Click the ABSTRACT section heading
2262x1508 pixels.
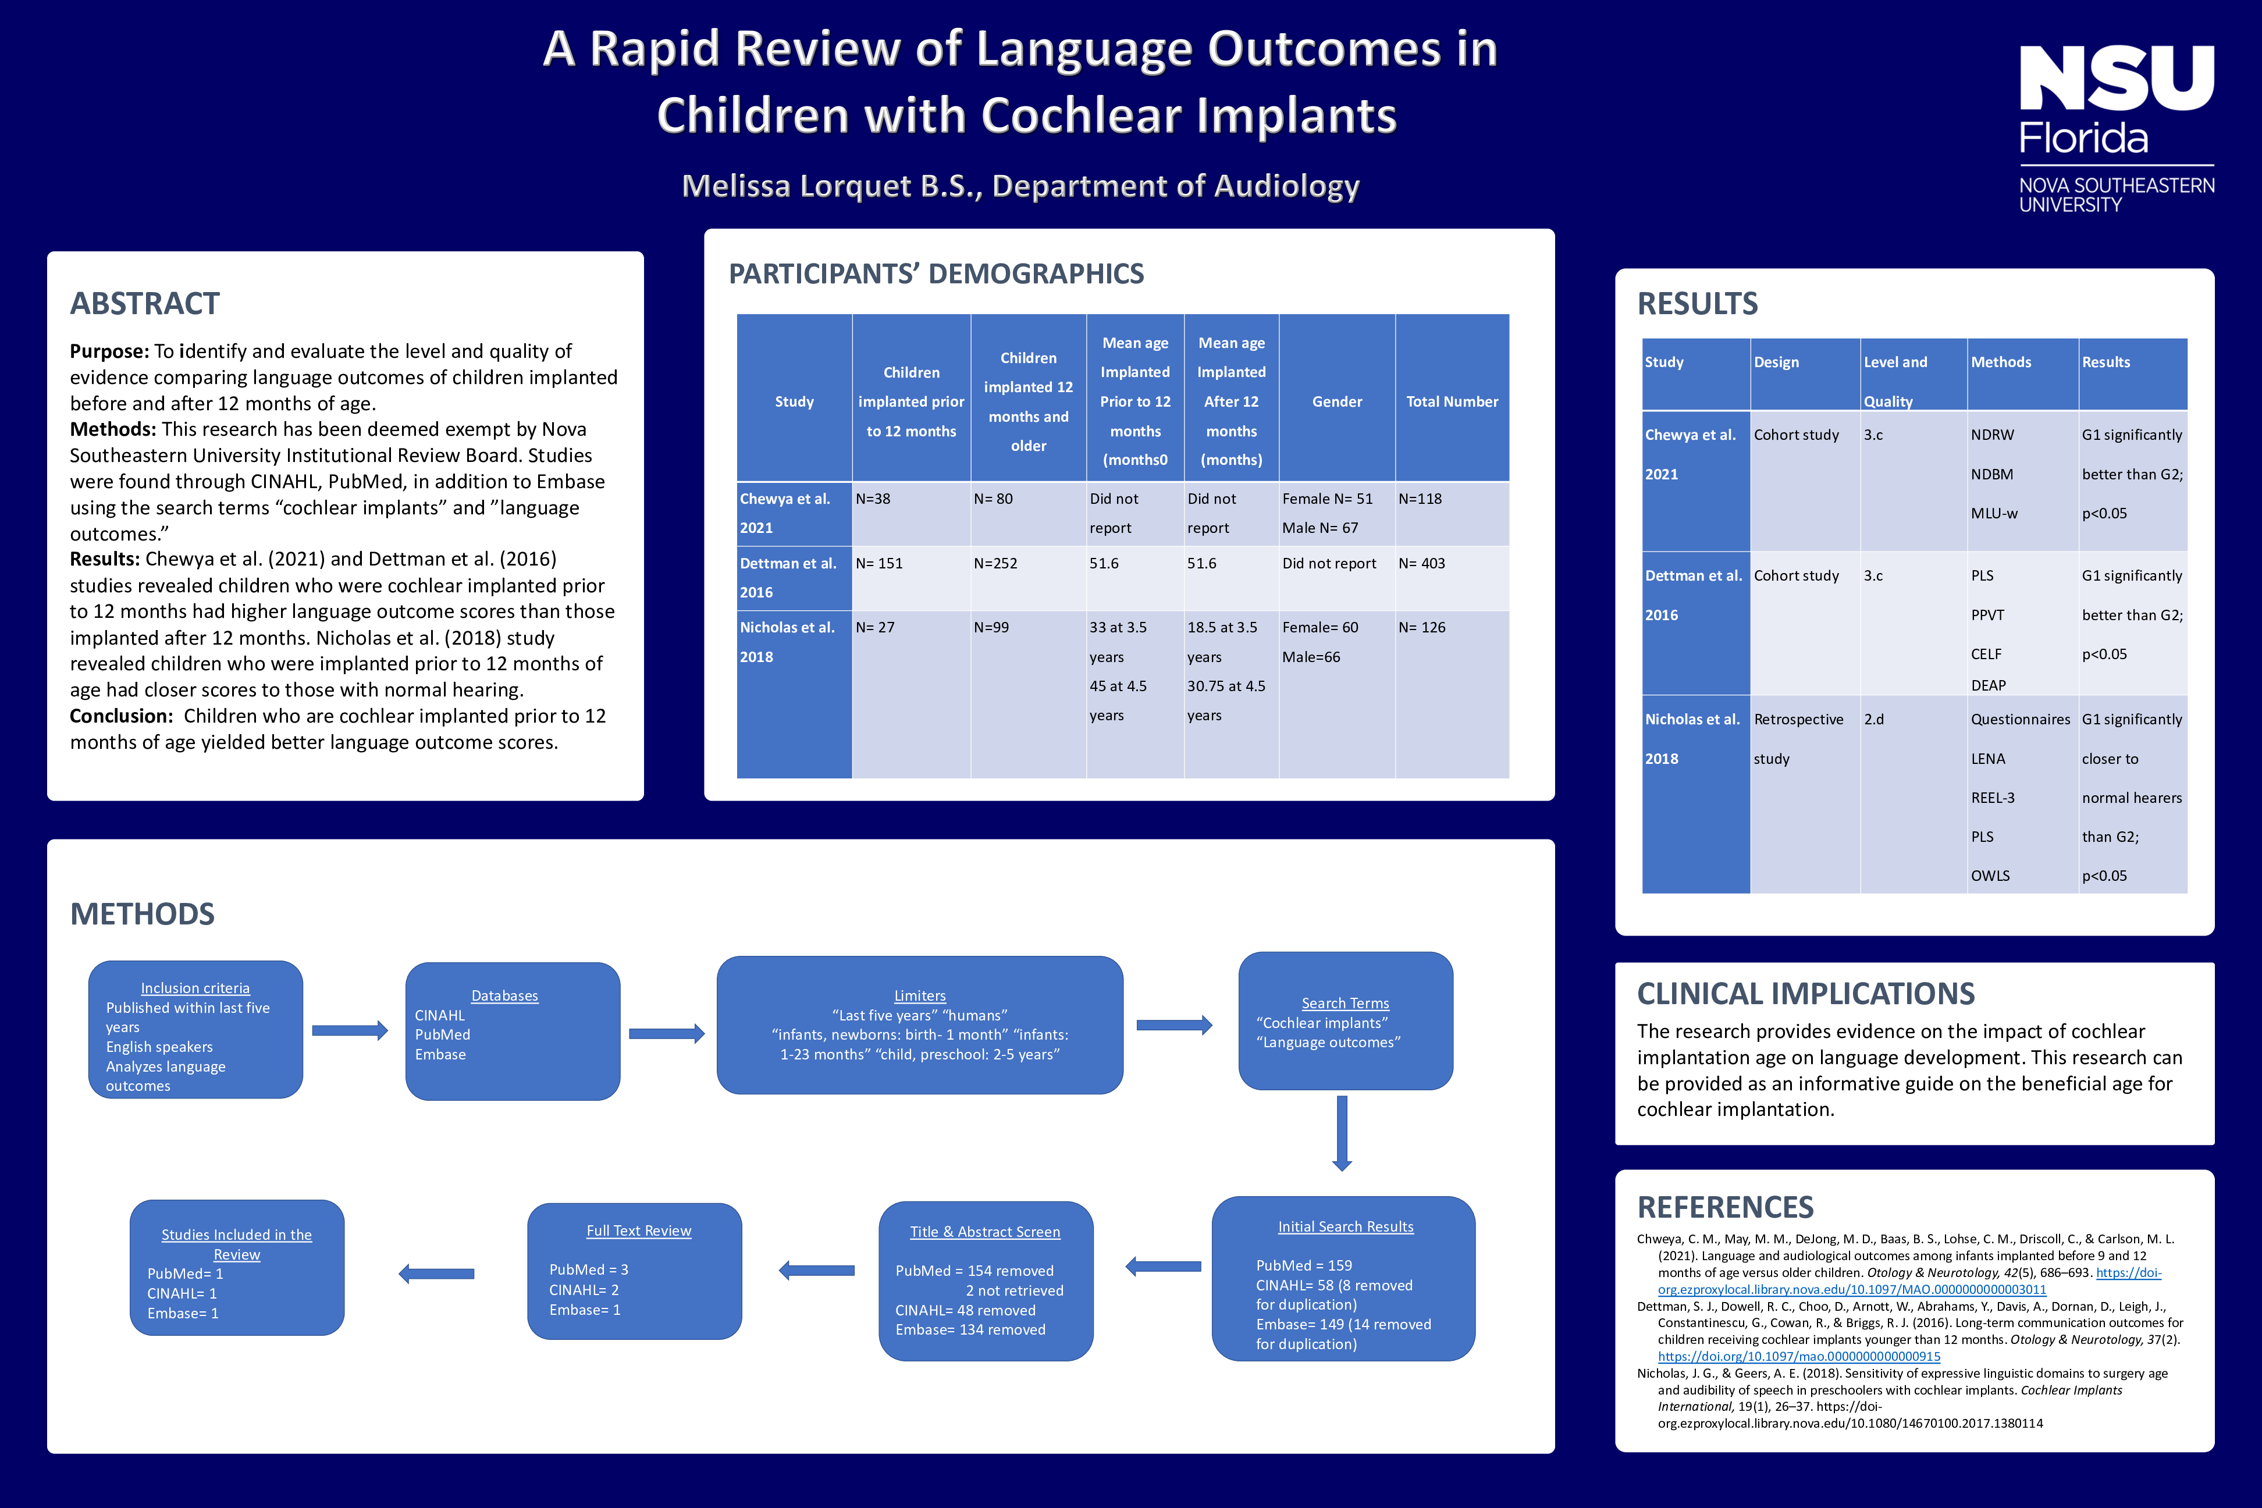coord(144,304)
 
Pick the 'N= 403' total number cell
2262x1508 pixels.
coord(1421,564)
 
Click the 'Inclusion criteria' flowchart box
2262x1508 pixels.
coord(195,1030)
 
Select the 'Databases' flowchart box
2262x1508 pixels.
coord(513,1031)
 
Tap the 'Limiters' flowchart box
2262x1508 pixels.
coord(919,1025)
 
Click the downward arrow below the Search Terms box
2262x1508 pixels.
coord(1343,1133)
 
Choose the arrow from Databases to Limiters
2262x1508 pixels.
coord(667,1034)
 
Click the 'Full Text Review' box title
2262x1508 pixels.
coord(639,1231)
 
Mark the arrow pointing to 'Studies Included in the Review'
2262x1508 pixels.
coord(436,1274)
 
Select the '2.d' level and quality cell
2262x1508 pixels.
coord(1873,719)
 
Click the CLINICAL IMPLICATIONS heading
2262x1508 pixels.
coord(1805,994)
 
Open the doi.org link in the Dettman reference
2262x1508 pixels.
coord(1798,1357)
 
